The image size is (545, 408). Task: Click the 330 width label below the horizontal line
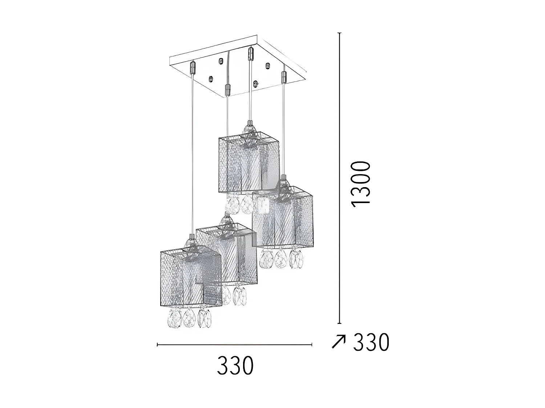tap(235, 365)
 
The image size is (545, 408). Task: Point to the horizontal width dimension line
tap(234, 344)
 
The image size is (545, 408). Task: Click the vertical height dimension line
tap(340, 178)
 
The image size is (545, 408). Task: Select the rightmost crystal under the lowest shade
tap(205, 318)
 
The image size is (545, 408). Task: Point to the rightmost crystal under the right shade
tap(297, 259)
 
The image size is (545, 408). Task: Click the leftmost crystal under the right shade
tap(266, 258)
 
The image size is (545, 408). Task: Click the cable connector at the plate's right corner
tap(284, 77)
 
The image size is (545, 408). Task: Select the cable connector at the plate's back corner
tap(250, 53)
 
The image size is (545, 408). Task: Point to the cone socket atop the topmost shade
tap(249, 127)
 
